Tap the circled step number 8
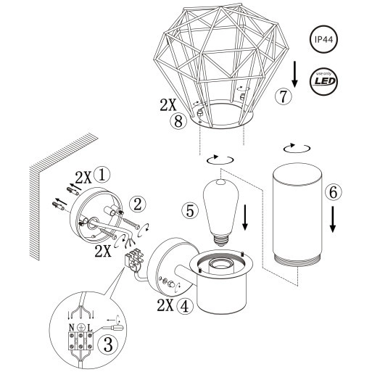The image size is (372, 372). coord(176,122)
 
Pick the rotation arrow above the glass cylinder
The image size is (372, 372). coord(294,147)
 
